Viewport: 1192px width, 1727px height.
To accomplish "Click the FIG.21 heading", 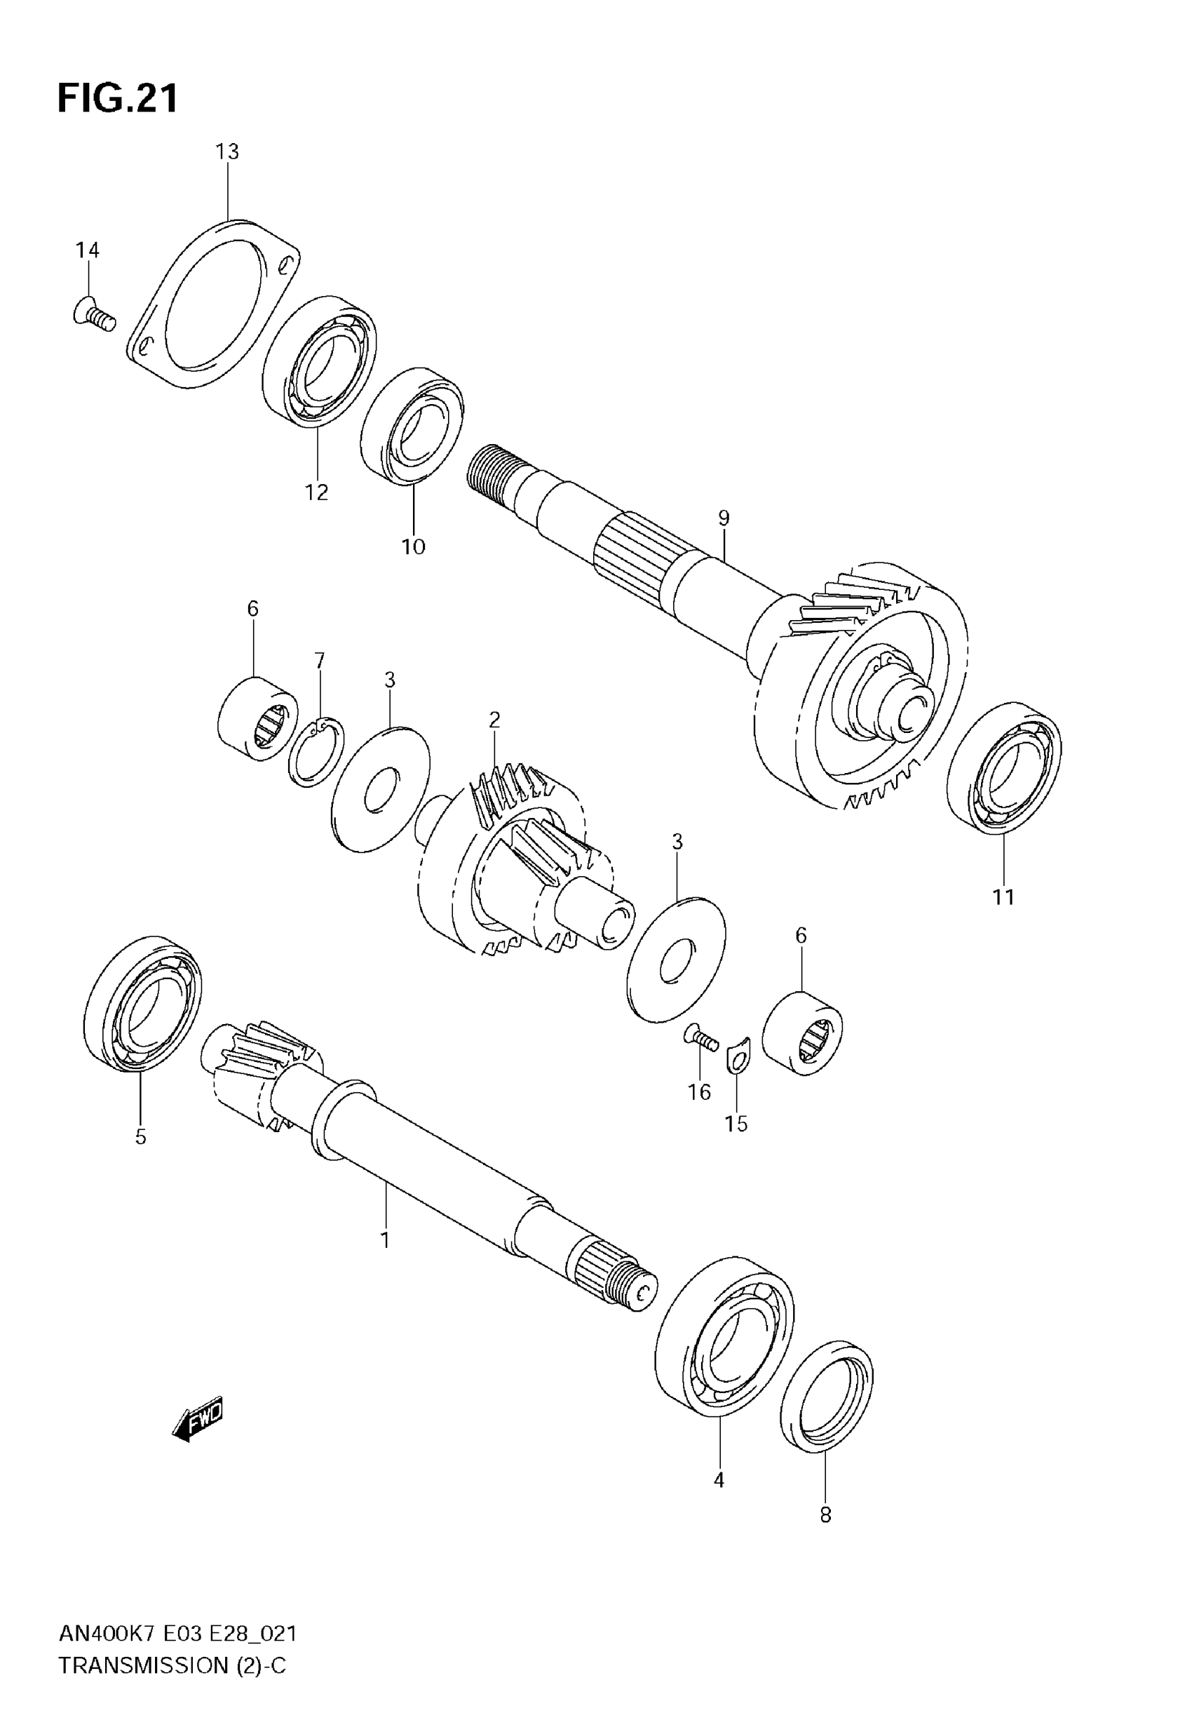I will click(x=118, y=99).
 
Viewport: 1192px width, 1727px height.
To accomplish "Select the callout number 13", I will click(x=227, y=152).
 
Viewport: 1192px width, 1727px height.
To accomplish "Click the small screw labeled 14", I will click(x=94, y=314).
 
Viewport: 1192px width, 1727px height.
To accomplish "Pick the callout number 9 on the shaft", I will click(x=723, y=518).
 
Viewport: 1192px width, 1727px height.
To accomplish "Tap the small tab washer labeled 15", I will click(x=737, y=1060).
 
